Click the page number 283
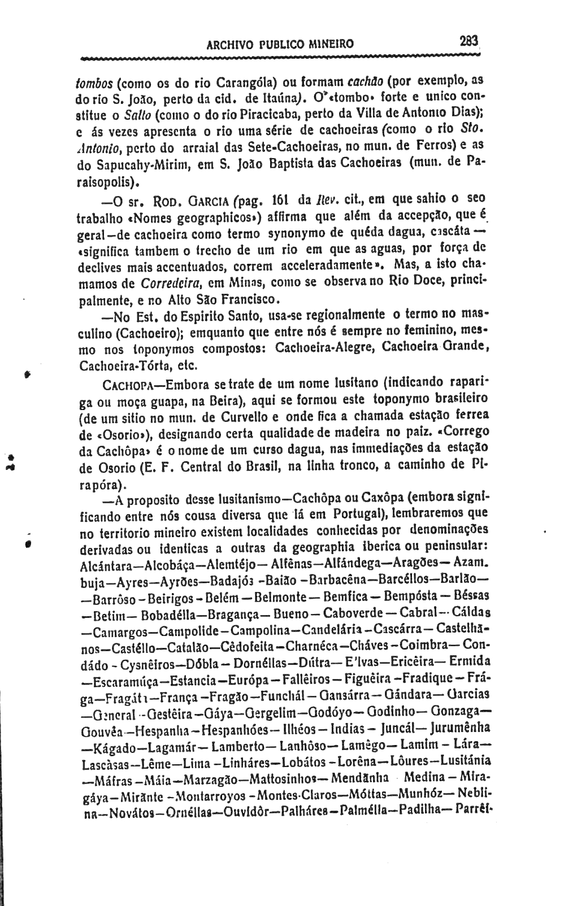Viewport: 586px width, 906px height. (468, 41)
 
